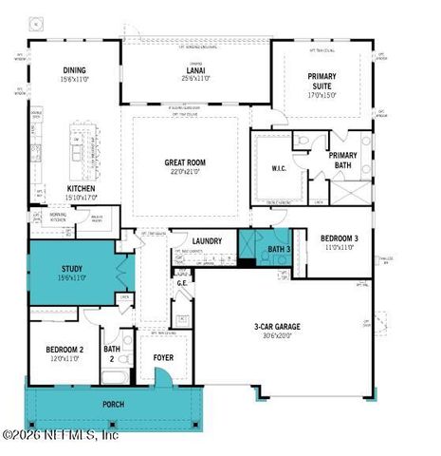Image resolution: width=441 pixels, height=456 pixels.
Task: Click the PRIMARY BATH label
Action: click(x=341, y=159)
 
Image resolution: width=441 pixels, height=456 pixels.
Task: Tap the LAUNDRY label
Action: click(x=206, y=241)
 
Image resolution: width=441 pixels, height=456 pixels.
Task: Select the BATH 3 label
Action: click(x=277, y=249)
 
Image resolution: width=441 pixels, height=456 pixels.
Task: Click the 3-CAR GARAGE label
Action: click(x=277, y=326)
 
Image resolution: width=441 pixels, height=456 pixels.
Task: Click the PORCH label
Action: click(x=113, y=403)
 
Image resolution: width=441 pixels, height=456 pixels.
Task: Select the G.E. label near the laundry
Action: click(x=182, y=281)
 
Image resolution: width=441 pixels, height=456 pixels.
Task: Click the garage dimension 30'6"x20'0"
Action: click(x=277, y=334)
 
